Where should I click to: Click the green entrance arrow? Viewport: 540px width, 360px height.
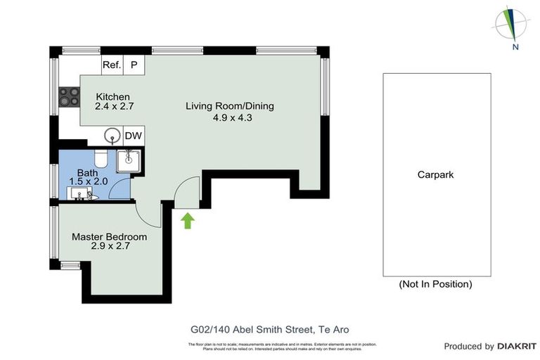pyautogui.click(x=187, y=221)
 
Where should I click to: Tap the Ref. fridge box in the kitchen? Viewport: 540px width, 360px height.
pyautogui.click(x=112, y=65)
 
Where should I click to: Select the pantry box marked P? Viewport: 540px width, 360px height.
pyautogui.click(x=134, y=65)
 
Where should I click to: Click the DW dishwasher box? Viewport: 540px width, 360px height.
pyautogui.click(x=133, y=136)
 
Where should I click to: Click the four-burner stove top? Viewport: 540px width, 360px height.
pyautogui.click(x=69, y=96)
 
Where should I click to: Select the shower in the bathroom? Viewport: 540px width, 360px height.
pyautogui.click(x=129, y=161)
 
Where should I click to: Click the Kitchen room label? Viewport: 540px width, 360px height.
pyautogui.click(x=114, y=97)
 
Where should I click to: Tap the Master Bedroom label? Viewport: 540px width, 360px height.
pyautogui.click(x=109, y=237)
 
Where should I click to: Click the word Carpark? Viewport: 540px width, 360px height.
pyautogui.click(x=435, y=175)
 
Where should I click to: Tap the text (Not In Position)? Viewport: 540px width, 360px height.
pyautogui.click(x=435, y=285)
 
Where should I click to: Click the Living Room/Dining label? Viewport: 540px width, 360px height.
pyautogui.click(x=229, y=107)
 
